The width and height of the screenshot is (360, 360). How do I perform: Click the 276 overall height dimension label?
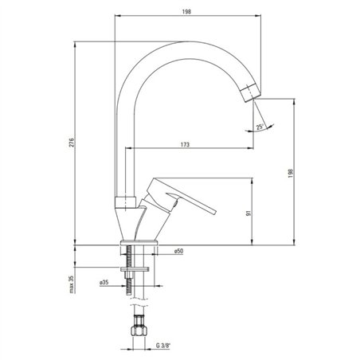[72, 143]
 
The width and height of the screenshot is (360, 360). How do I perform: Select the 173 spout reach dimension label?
[185, 144]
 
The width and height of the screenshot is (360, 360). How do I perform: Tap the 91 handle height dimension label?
[248, 213]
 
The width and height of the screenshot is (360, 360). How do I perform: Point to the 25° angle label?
[260, 127]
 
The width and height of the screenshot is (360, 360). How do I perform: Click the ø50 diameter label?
[178, 251]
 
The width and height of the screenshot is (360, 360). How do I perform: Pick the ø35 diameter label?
[104, 283]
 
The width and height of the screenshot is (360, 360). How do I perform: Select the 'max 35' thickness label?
[72, 284]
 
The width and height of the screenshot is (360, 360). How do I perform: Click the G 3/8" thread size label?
[163, 346]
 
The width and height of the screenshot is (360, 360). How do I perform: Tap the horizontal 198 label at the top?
[186, 12]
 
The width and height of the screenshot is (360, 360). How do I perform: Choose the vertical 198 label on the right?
[292, 173]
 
